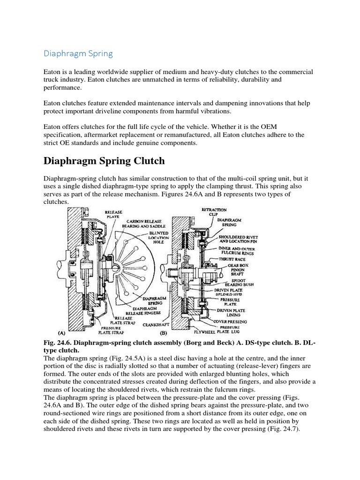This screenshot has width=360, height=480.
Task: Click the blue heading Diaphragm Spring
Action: pyautogui.click(x=78, y=53)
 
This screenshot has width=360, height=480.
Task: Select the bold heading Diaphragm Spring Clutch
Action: pyautogui.click(x=104, y=161)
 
